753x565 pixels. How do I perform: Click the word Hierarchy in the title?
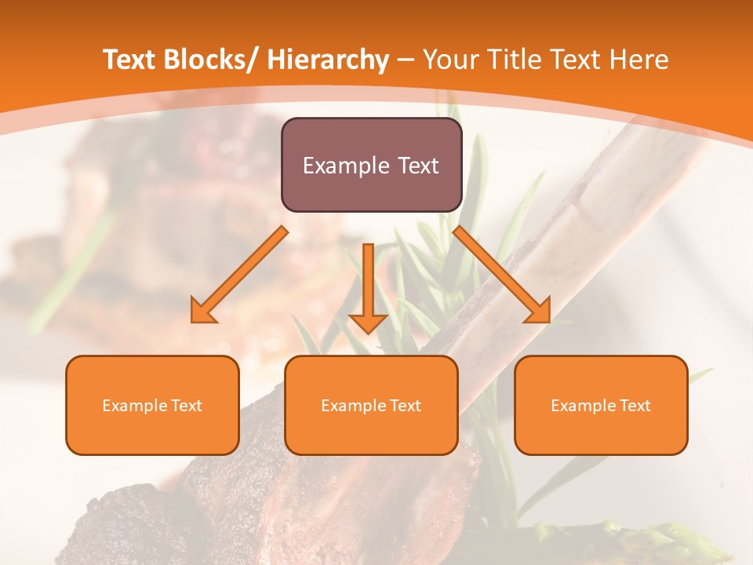click(x=327, y=60)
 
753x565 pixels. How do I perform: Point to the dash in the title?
click(x=406, y=61)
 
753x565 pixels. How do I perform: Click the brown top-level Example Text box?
click(x=371, y=165)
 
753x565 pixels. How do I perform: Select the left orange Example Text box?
click(x=152, y=405)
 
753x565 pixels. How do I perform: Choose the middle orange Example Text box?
click(x=371, y=405)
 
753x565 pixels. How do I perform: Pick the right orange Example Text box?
click(x=601, y=405)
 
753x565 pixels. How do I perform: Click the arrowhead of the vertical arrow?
click(x=368, y=322)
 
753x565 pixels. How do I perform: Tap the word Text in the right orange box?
click(x=635, y=406)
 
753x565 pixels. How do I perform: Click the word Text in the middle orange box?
click(x=405, y=406)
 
